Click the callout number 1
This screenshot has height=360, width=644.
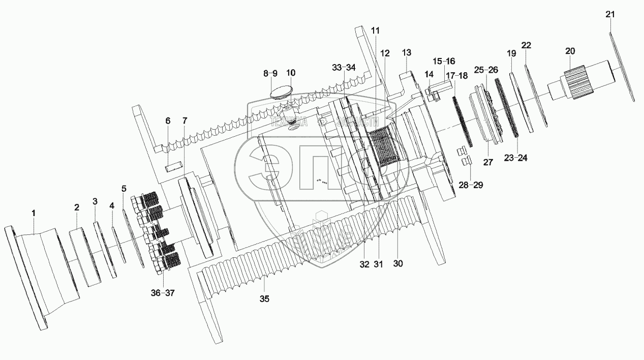tap(34, 212)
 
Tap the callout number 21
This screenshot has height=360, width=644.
tap(610, 15)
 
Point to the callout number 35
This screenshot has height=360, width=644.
tap(263, 299)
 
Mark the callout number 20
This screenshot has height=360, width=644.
tap(570, 51)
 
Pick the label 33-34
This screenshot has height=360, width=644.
tap(344, 68)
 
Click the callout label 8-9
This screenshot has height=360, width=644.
tap(270, 73)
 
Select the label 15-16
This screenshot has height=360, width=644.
tap(444, 61)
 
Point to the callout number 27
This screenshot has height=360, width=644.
tap(488, 162)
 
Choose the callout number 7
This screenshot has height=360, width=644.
tap(185, 122)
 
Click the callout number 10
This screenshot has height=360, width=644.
tap(290, 73)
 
